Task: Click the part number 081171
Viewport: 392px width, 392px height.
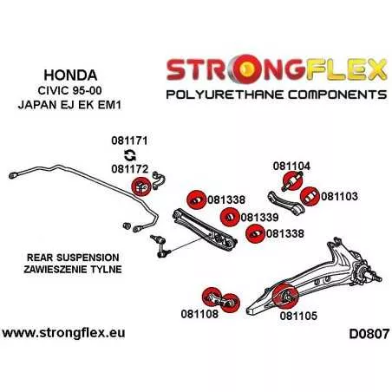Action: [x=129, y=140]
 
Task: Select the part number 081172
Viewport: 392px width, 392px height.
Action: [x=129, y=169]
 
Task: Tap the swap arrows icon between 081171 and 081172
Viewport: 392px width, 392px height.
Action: [x=130, y=155]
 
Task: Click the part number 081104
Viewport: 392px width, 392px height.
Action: [x=291, y=166]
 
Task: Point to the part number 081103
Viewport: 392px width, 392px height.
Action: [x=339, y=196]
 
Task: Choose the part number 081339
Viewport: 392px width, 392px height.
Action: [x=259, y=218]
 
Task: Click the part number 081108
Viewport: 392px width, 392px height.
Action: [x=199, y=314]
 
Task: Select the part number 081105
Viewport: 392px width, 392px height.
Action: [x=298, y=316]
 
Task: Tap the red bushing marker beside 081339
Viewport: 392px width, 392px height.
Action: [x=230, y=218]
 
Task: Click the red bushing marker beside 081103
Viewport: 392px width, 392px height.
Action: [x=310, y=197]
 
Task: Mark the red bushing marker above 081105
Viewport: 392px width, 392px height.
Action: [x=285, y=296]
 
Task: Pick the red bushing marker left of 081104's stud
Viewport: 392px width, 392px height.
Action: [x=292, y=181]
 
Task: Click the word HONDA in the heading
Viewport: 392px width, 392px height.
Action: [x=70, y=75]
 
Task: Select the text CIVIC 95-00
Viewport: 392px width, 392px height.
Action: [x=69, y=90]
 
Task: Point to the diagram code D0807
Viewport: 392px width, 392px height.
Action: [x=369, y=334]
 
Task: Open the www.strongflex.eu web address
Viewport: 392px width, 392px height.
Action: [x=63, y=333]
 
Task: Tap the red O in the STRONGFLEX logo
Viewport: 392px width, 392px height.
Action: [x=246, y=69]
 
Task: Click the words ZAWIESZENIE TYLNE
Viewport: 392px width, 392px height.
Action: [x=73, y=270]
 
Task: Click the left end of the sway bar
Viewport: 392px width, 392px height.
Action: [x=12, y=175]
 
